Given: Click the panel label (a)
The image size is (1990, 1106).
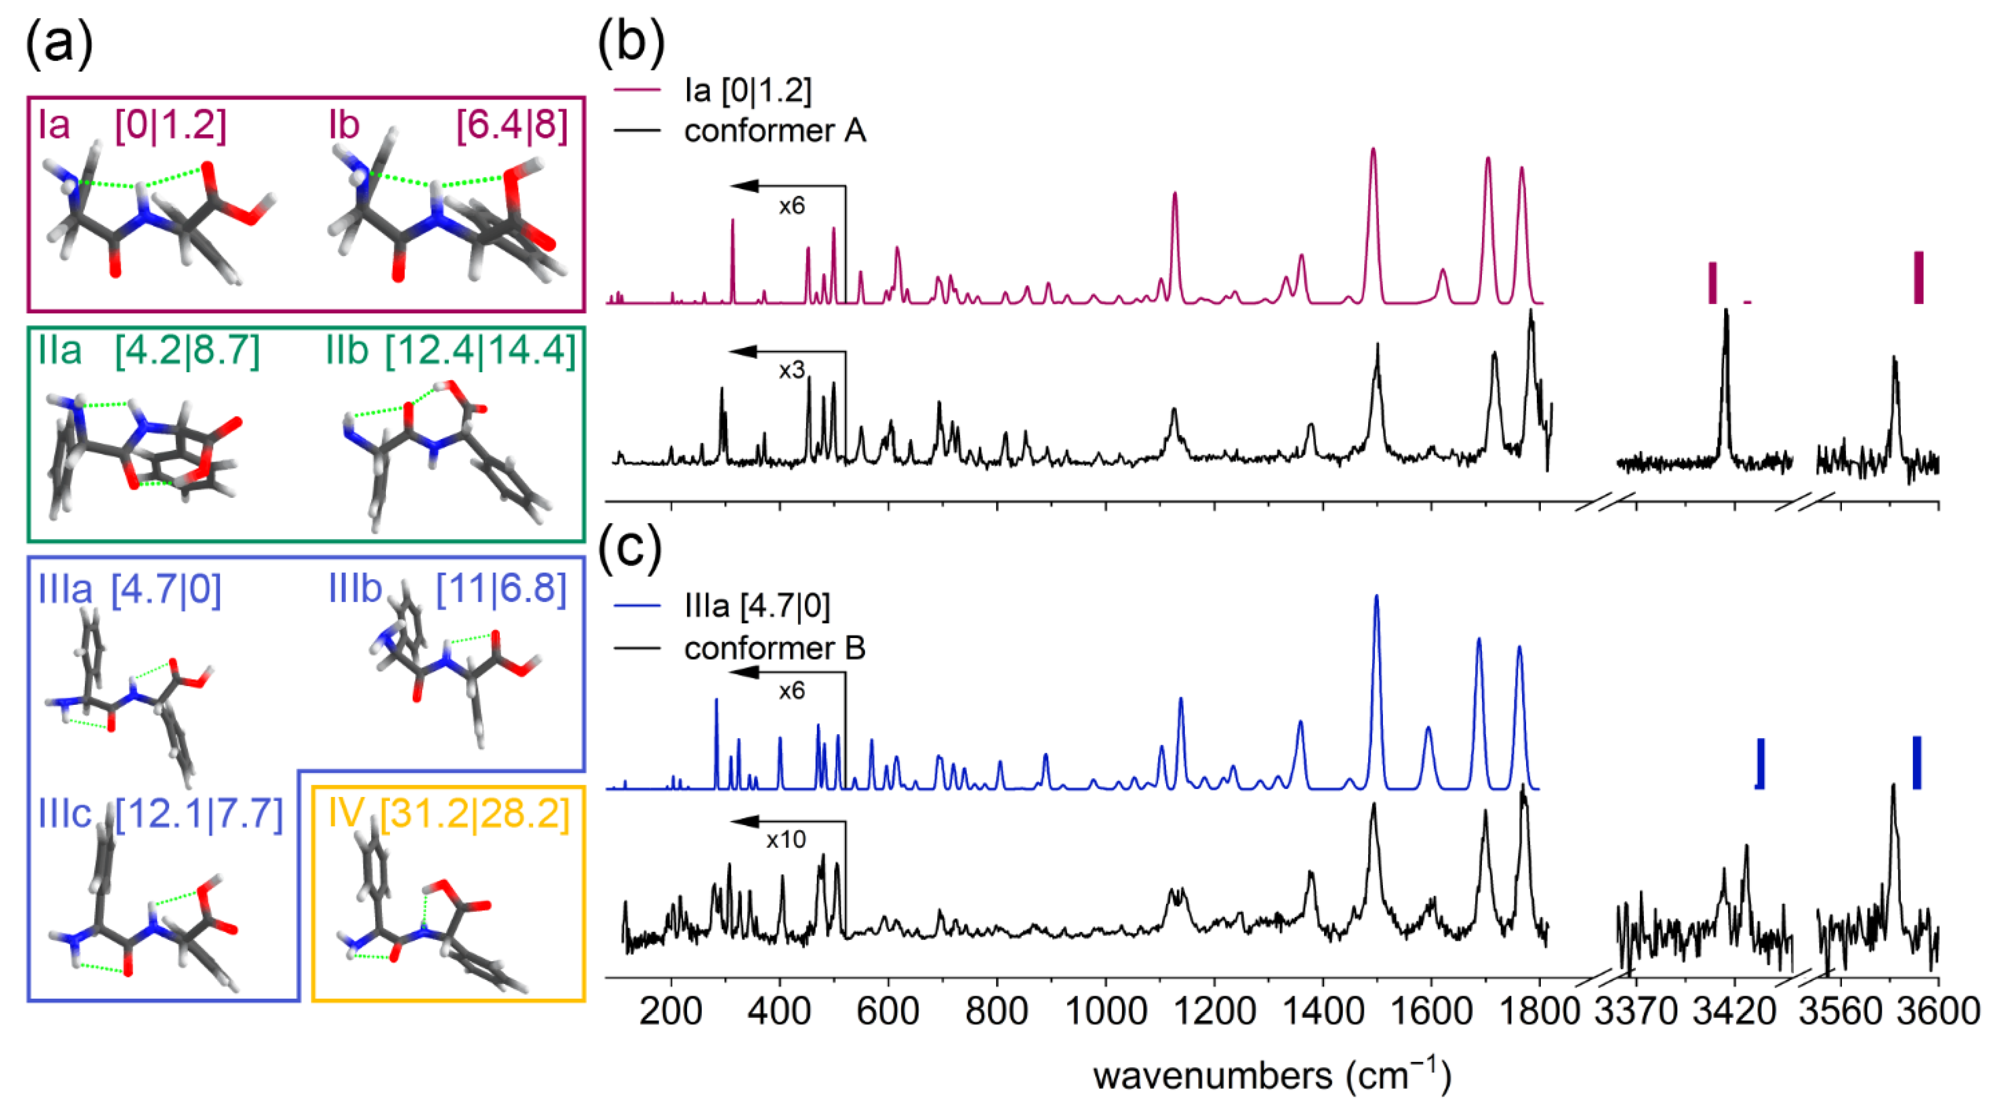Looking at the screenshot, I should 59,43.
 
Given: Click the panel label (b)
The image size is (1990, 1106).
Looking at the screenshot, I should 630,43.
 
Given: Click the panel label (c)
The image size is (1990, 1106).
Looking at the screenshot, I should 630,549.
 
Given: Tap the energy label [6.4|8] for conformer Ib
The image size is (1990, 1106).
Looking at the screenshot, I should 511,125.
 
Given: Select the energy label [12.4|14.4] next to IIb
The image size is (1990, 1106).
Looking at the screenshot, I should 481,352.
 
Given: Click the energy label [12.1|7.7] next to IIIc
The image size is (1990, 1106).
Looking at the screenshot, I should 199,813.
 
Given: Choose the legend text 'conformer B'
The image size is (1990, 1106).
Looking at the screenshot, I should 775,648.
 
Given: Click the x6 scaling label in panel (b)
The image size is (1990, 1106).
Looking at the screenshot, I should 791,206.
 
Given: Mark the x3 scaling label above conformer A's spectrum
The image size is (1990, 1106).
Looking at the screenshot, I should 791,371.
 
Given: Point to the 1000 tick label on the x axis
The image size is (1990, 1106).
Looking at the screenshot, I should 1105,1011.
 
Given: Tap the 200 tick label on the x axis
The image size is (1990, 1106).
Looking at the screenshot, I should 670,1011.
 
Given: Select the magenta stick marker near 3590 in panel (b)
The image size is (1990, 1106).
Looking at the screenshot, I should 1918,278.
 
